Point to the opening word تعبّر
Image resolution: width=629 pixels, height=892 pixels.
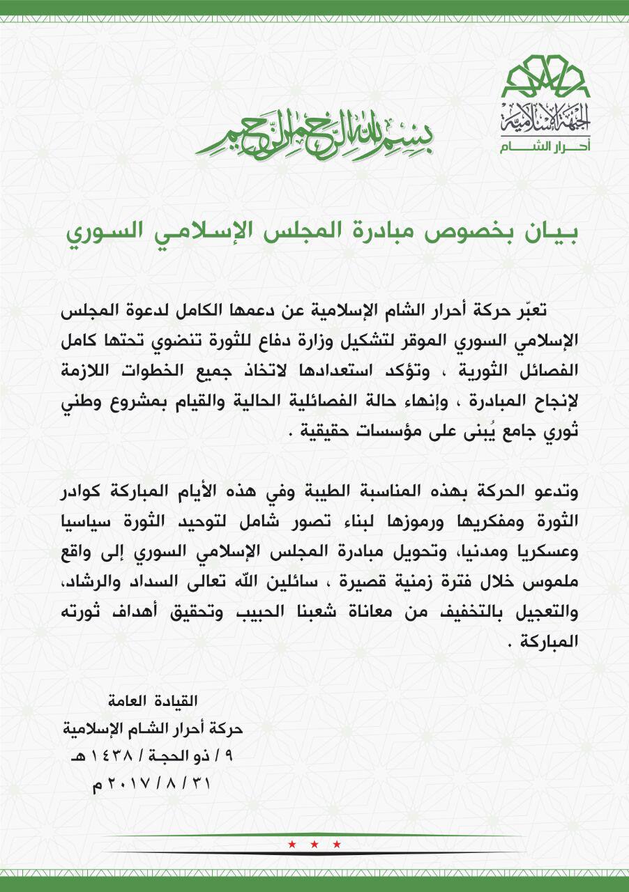[561, 310]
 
